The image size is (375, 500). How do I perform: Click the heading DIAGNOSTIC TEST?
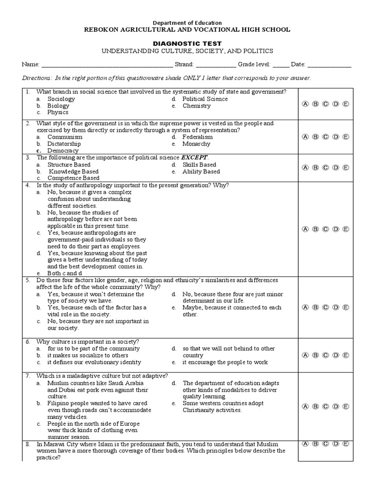point(187,43)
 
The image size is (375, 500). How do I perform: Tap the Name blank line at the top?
point(107,65)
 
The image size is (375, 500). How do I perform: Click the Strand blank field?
point(216,65)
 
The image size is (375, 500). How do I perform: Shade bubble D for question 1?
point(335,104)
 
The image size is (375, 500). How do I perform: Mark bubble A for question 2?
point(306,137)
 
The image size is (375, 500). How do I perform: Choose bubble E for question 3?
point(346,167)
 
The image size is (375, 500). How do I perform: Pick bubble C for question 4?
point(326,229)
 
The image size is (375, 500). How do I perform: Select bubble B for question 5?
point(315,308)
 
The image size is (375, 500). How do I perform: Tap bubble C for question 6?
point(326,355)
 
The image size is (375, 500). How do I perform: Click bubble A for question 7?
point(306,406)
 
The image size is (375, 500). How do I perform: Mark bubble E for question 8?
point(346,444)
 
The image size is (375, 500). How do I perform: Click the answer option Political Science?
point(205,99)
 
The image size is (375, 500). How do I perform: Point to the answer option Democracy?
point(62,151)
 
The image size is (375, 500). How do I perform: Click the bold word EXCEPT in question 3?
point(194,158)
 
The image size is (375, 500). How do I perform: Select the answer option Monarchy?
point(196,144)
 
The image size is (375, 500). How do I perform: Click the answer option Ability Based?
point(201,171)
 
